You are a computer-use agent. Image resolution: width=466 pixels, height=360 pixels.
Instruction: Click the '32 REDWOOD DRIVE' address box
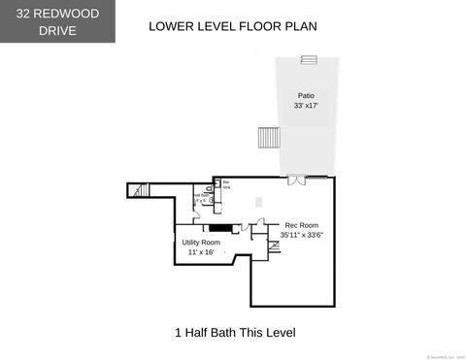(x=58, y=21)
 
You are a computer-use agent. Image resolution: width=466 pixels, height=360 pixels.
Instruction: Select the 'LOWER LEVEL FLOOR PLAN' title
(x=232, y=26)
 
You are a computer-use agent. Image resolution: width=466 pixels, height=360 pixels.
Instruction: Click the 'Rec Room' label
(x=301, y=225)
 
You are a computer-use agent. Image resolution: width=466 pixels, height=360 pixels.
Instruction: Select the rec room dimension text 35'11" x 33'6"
(x=301, y=235)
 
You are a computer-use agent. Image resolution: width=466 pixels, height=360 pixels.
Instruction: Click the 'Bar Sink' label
(x=226, y=182)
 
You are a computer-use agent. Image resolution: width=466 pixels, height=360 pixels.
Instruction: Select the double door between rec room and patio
(x=295, y=178)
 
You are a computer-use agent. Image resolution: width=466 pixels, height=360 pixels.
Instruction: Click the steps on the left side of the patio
(x=267, y=138)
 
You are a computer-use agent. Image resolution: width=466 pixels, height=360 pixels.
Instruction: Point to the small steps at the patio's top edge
(x=309, y=60)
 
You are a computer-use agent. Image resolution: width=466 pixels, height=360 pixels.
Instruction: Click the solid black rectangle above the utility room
(x=222, y=228)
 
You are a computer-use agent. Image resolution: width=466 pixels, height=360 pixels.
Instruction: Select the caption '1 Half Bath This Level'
(x=234, y=333)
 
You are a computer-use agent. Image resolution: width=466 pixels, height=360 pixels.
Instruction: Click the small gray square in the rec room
(x=258, y=202)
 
